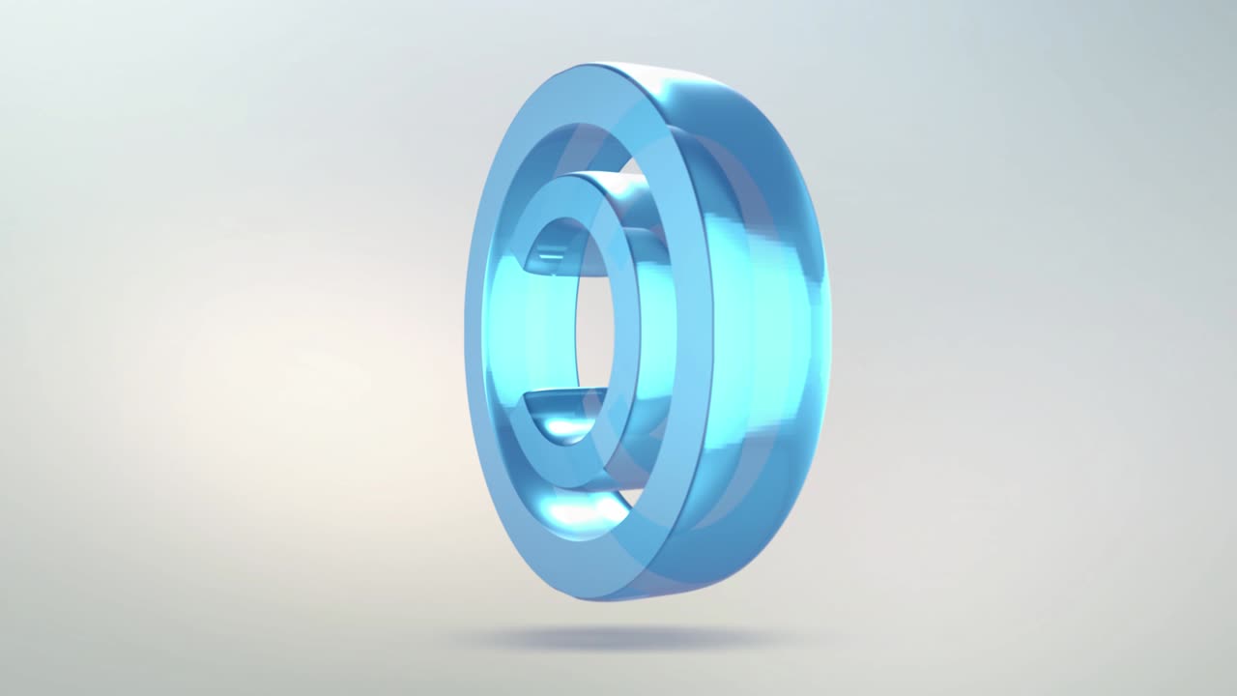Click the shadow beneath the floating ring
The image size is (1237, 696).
618,637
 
